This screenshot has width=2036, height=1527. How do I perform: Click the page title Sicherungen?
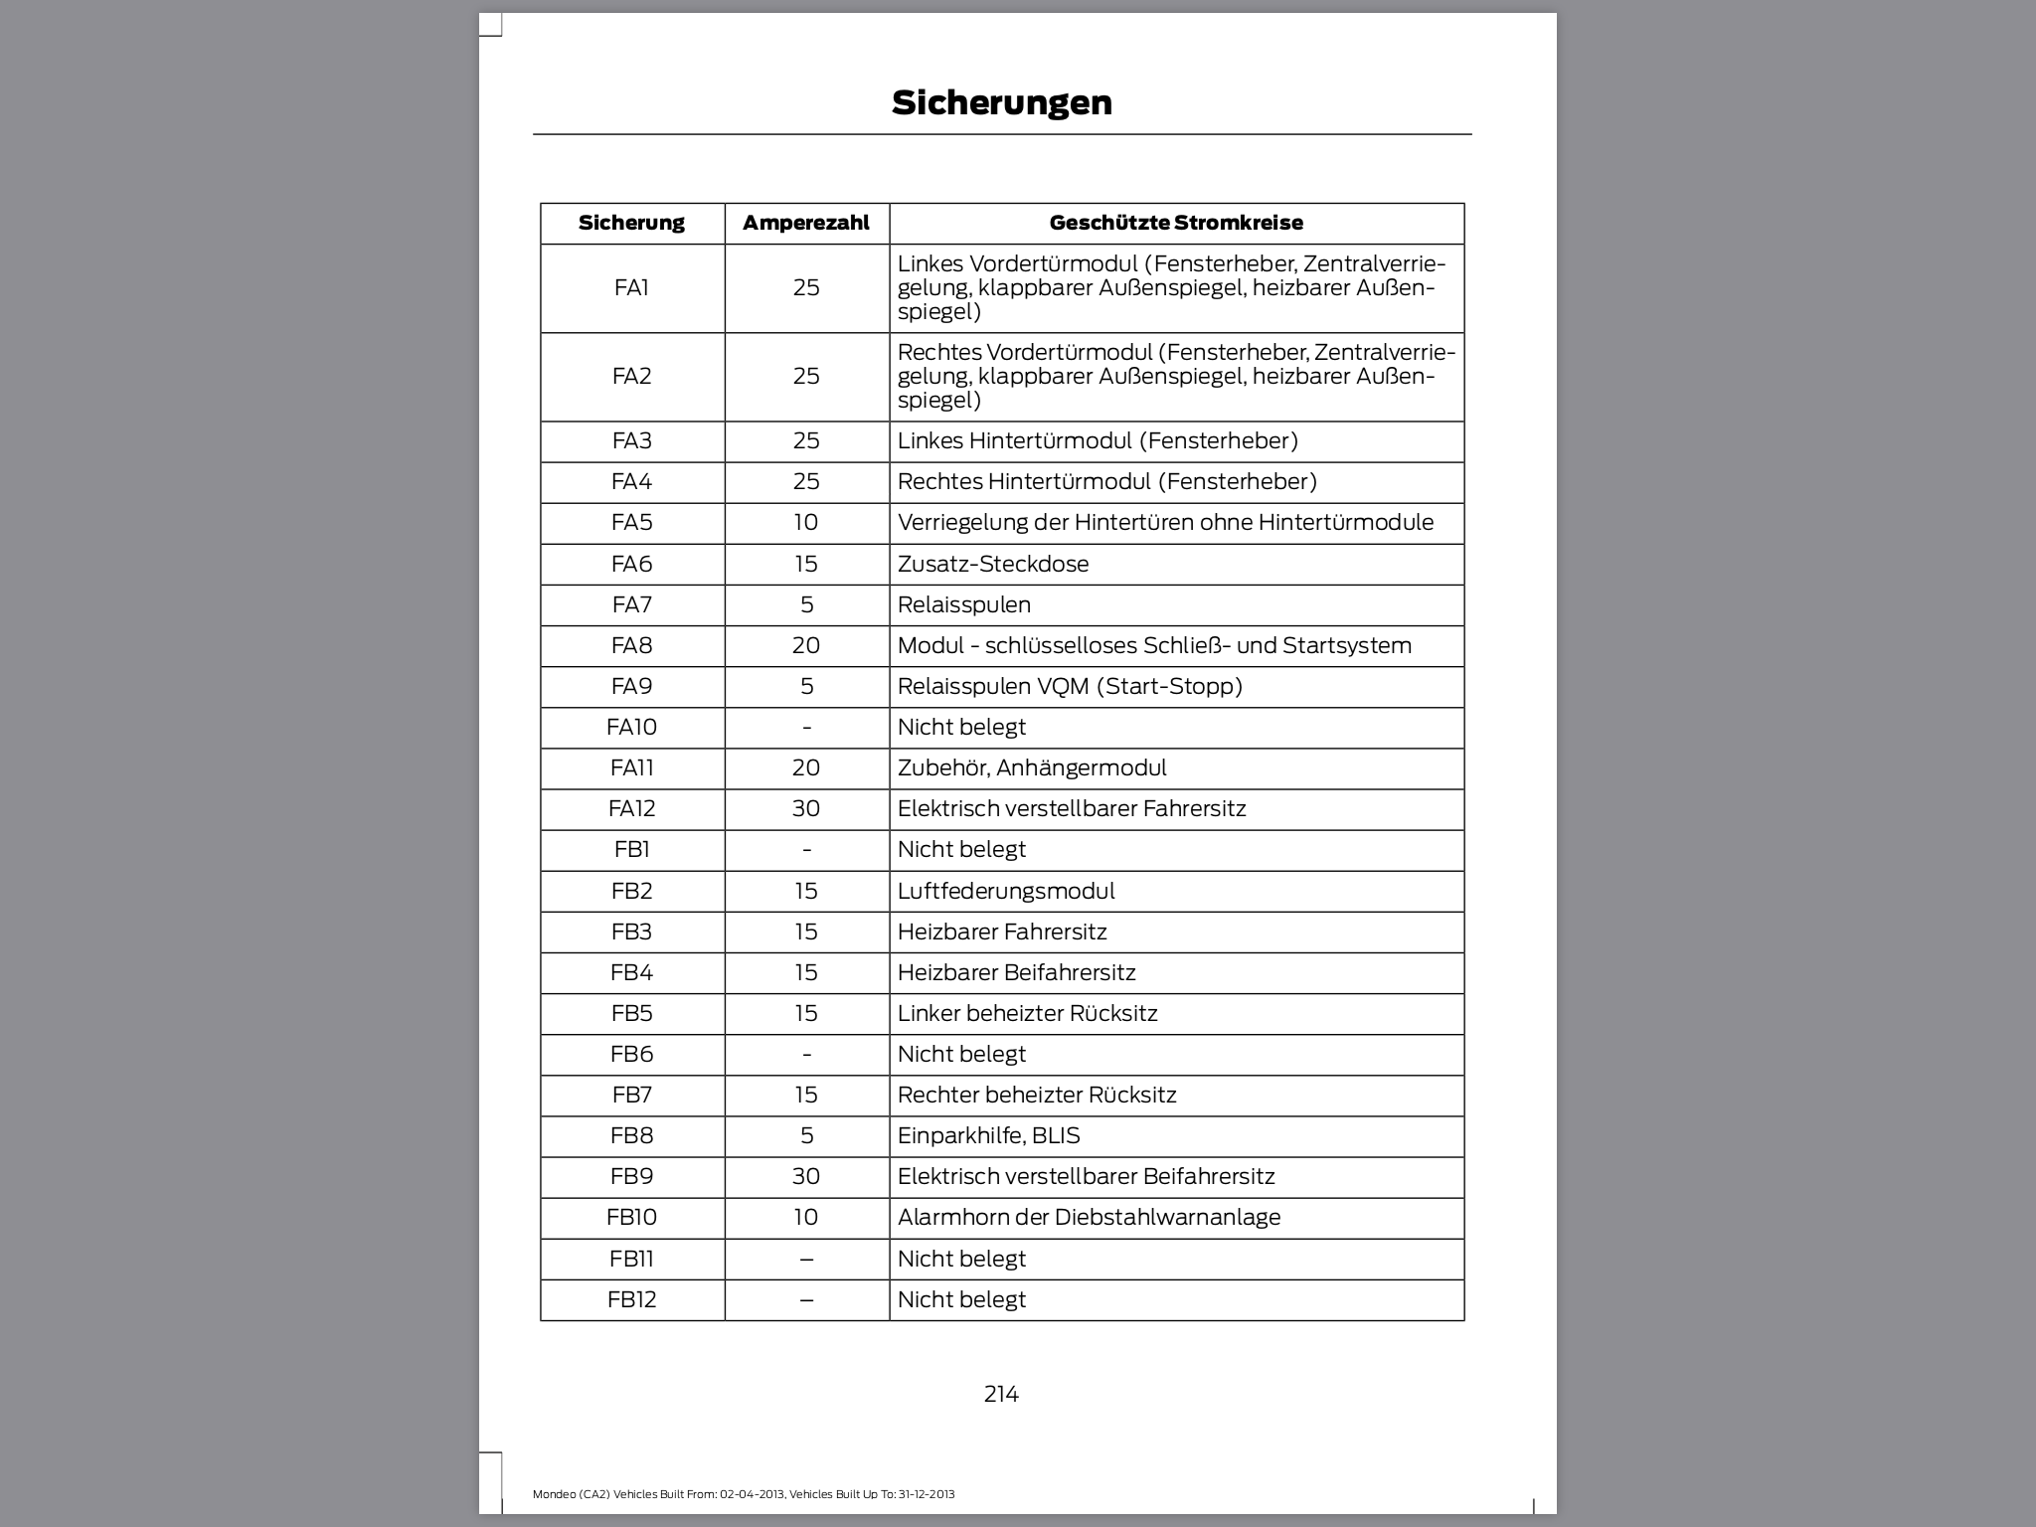(x=1001, y=102)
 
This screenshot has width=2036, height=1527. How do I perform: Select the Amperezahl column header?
(x=805, y=223)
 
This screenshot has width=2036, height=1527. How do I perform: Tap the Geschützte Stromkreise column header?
(x=1175, y=223)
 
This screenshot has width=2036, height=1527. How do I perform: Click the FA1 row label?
(x=631, y=288)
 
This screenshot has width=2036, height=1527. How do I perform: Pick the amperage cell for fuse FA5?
(x=805, y=523)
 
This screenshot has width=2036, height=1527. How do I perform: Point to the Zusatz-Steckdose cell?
(x=992, y=565)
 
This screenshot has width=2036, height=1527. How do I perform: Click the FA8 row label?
(x=631, y=646)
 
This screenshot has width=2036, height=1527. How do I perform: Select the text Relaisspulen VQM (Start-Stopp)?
(x=1070, y=687)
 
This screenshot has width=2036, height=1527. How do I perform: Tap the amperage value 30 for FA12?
(x=805, y=809)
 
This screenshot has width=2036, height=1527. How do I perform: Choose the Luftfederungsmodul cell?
(x=1006, y=892)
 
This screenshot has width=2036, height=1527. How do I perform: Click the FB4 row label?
(x=631, y=973)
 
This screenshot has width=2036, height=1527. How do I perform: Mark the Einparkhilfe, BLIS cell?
(x=988, y=1136)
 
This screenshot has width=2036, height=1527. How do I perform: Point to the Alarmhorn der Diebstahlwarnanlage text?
(x=1089, y=1218)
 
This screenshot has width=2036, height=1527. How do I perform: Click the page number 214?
(x=1001, y=1395)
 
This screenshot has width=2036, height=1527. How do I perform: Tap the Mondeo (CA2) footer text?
(x=743, y=1494)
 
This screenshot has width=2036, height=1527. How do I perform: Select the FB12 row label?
(x=631, y=1300)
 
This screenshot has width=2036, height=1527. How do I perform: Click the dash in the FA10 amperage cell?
(x=806, y=728)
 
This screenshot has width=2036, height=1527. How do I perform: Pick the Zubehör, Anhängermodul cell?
(x=1032, y=768)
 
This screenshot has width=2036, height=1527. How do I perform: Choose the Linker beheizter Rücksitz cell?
(x=1027, y=1014)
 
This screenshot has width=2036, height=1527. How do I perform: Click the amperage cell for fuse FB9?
(x=805, y=1177)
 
